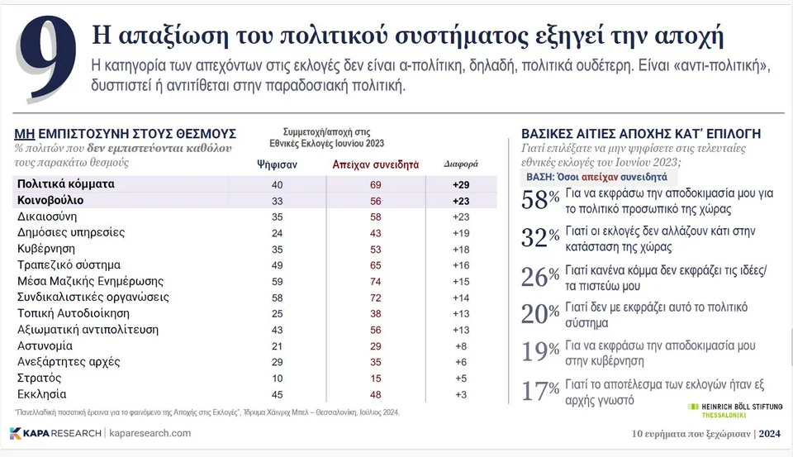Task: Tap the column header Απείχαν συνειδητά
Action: point(375,164)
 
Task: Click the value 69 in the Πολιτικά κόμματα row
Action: point(375,183)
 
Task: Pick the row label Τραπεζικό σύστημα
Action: point(69,264)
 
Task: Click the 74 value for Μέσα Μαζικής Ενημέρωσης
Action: point(375,281)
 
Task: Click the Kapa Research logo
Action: point(55,433)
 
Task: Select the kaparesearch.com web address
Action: point(150,433)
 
